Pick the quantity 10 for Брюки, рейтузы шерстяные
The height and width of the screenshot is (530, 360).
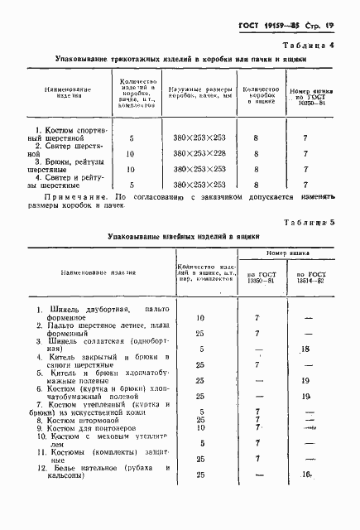tap(130, 169)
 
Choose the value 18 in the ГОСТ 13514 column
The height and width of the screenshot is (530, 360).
tap(305, 350)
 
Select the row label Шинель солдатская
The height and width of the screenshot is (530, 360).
tap(91, 343)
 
